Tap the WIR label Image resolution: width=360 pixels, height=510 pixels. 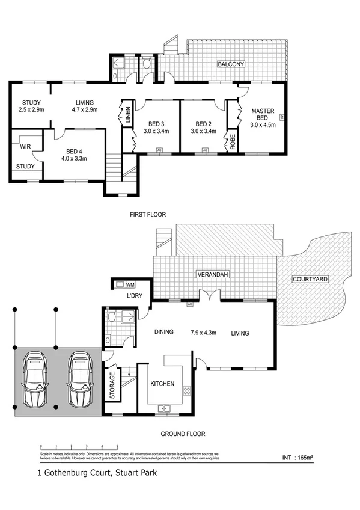pyautogui.click(x=25, y=146)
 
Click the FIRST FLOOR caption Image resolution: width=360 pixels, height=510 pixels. pyautogui.click(x=147, y=214)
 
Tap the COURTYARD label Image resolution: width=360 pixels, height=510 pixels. pyautogui.click(x=309, y=280)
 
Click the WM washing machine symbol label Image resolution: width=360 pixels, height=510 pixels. pyautogui.click(x=130, y=284)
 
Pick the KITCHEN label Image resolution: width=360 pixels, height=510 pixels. pyautogui.click(x=162, y=384)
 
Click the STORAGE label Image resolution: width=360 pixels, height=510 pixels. pyautogui.click(x=112, y=386)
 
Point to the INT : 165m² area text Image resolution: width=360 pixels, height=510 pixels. pyautogui.click(x=297, y=458)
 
